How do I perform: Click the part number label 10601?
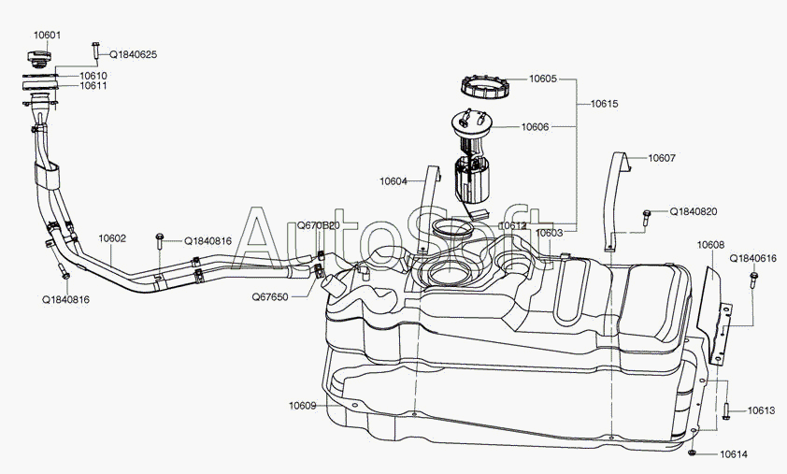[x=48, y=36]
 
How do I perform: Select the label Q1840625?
[x=134, y=55]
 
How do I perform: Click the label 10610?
[x=93, y=75]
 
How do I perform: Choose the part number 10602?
[x=112, y=238]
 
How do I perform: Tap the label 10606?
[x=535, y=126]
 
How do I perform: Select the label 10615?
[x=603, y=105]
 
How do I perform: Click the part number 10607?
[x=661, y=158]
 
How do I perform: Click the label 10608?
[x=710, y=245]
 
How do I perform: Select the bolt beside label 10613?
[x=725, y=409]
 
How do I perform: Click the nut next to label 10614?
[x=691, y=453]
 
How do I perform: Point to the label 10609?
[x=302, y=406]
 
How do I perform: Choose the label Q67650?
[x=269, y=295]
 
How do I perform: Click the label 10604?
[x=393, y=180]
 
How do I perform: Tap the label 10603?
[x=550, y=232]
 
